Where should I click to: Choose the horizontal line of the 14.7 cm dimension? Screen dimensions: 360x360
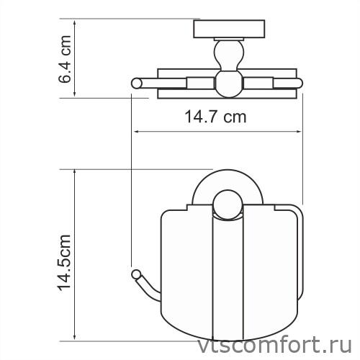[216, 132]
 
